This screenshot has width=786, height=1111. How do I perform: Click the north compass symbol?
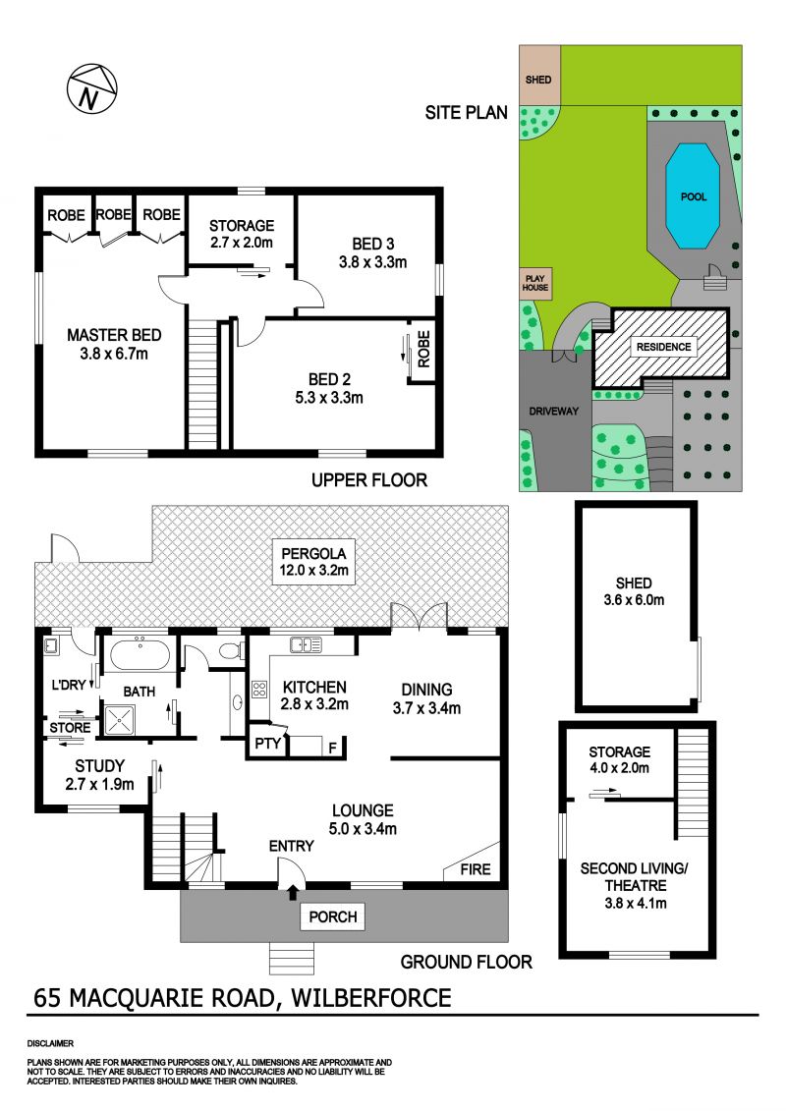91,88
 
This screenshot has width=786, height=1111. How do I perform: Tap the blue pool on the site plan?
693,196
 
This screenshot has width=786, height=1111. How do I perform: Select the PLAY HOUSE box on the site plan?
535,283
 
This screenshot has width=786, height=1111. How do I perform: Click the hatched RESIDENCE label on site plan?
663,347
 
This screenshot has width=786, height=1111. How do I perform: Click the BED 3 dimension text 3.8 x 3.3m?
372,262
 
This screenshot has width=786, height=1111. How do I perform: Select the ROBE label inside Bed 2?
423,350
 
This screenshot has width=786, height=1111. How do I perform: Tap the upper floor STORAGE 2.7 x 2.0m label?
241,234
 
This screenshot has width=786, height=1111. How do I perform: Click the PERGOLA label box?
314,561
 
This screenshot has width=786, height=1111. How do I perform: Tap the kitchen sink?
306,644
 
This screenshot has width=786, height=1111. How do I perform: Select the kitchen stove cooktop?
259,690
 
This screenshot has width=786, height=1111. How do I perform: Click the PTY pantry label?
268,744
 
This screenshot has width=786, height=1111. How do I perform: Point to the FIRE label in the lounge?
475,868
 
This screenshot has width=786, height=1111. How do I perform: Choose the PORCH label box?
333,917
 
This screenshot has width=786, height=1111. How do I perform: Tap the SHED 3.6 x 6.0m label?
634,591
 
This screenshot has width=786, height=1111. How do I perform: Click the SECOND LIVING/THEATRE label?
635,876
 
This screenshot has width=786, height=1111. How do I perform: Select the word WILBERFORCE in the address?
371,998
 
